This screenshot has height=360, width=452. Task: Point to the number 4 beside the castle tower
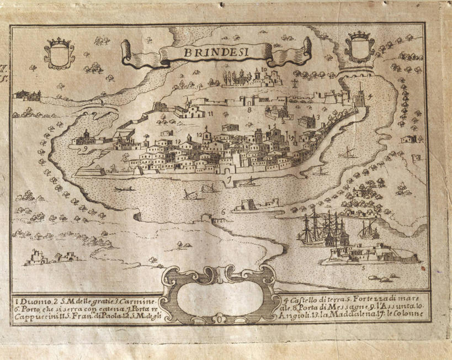(x=370, y=96)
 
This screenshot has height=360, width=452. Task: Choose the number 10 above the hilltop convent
(x=264, y=70)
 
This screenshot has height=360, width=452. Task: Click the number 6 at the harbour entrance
(x=222, y=211)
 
